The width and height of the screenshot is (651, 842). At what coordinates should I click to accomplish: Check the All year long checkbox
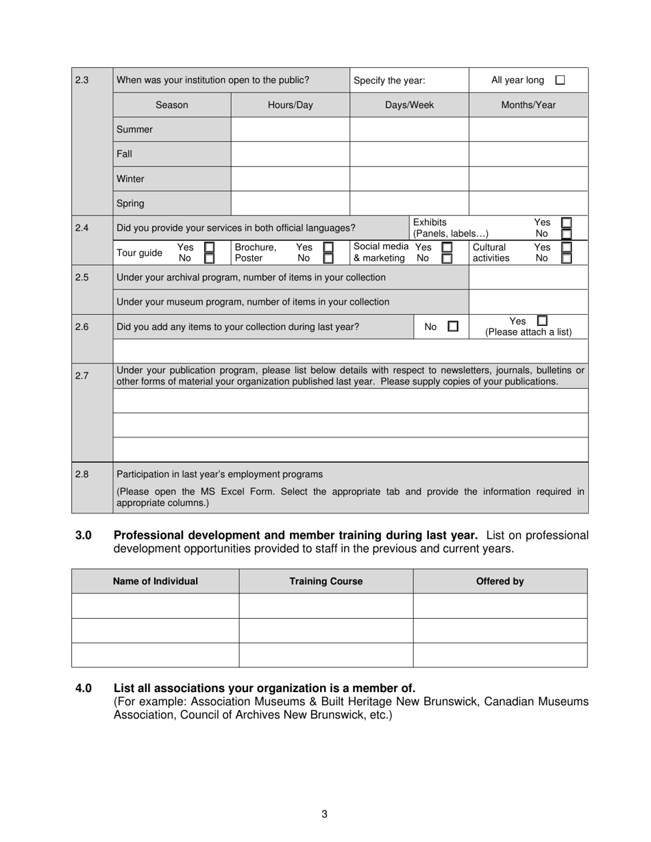point(560,80)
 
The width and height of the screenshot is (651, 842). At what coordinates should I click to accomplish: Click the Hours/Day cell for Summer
point(290,129)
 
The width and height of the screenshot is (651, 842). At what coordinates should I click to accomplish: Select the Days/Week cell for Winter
point(409,179)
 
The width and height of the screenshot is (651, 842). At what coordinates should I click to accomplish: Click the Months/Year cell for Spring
point(528,203)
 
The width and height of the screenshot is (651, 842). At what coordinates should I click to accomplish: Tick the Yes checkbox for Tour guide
point(210,247)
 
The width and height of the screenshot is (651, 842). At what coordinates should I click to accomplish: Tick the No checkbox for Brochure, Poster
point(328,258)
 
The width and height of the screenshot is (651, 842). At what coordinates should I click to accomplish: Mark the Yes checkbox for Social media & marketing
point(447,247)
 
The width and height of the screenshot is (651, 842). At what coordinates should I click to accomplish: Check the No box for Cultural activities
point(566,258)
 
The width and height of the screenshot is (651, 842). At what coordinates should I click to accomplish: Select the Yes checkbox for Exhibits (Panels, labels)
point(566,222)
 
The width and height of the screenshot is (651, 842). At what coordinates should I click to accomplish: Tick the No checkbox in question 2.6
point(453,327)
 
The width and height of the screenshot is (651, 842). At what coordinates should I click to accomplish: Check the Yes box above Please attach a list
point(542,320)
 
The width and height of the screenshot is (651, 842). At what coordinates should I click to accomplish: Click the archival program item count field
point(528,277)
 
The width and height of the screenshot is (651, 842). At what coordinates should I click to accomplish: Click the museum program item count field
point(528,302)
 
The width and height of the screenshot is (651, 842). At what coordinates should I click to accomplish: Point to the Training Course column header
point(325,581)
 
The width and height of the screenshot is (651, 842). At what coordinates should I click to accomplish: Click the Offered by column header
point(500,581)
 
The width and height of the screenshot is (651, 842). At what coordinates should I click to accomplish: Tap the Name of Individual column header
point(155,581)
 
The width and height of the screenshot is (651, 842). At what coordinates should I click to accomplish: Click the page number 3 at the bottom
point(324,814)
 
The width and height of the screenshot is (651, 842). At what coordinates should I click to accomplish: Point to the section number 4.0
point(84,688)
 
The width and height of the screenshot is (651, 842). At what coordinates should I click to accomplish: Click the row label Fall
point(125,154)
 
